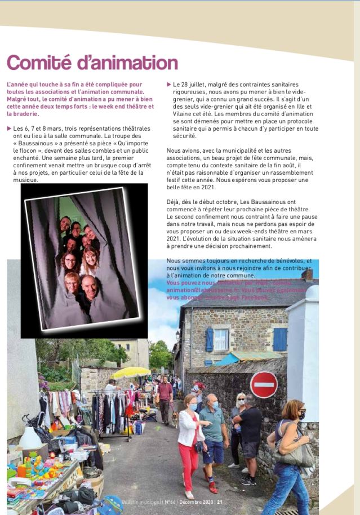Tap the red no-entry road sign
(x=263, y=385)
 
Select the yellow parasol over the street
(x=131, y=372)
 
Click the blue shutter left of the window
(x=210, y=339)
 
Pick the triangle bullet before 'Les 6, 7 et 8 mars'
(x=9, y=128)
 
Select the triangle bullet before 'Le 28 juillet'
(x=169, y=85)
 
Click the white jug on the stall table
(x=29, y=438)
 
